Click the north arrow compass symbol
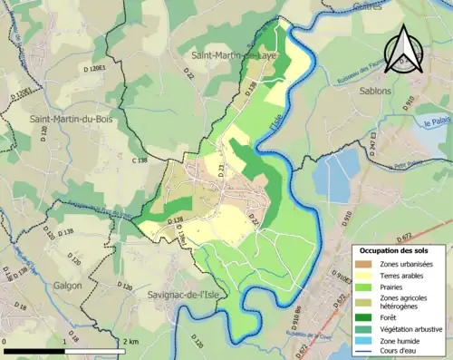(404, 47)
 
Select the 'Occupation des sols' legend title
(394, 249)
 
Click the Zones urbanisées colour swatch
(362, 263)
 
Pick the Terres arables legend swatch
(362, 275)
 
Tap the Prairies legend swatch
(362, 287)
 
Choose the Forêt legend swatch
(362, 316)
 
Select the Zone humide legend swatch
(362, 340)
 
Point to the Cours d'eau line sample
(362, 352)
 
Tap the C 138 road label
(138, 161)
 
